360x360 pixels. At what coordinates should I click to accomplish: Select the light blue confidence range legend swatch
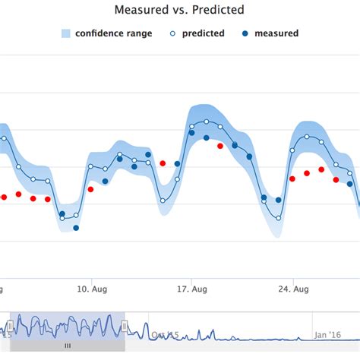pos(66,33)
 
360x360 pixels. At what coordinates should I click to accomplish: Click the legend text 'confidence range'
pos(113,33)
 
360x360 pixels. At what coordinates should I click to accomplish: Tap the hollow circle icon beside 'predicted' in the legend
pos(174,33)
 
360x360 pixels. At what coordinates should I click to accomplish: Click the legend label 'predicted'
pos(203,33)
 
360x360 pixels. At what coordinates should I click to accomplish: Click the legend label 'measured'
pos(276,33)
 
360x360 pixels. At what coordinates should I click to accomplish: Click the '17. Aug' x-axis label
pos(192,289)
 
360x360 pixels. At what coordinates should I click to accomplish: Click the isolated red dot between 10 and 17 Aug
pos(162,163)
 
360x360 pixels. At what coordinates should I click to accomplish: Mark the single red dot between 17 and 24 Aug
pos(220,146)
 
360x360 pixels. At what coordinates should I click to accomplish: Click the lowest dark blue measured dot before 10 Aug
pos(76,228)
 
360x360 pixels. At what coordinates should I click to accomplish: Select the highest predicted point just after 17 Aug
pos(205,122)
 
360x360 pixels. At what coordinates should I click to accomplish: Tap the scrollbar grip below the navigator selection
pos(67,345)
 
